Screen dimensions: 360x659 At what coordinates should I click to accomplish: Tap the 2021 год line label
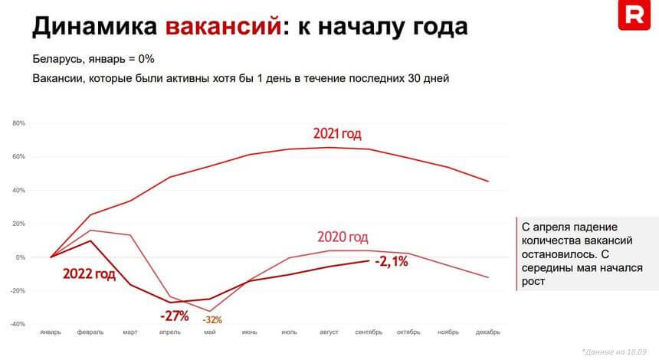click(336, 133)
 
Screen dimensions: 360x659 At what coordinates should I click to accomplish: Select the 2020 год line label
click(343, 237)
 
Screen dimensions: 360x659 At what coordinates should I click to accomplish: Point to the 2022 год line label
click(89, 273)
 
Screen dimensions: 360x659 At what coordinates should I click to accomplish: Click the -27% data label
click(175, 315)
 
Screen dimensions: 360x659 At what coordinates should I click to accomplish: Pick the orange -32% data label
click(212, 319)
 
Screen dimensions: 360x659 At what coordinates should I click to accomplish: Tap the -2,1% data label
click(392, 262)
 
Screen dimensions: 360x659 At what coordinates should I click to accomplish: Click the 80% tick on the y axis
click(19, 123)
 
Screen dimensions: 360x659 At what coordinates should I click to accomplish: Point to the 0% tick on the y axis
click(21, 257)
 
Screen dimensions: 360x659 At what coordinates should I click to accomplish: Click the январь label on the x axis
click(51, 332)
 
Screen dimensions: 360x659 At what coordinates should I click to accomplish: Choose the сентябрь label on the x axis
click(369, 332)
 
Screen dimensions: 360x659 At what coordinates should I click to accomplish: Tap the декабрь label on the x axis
click(488, 332)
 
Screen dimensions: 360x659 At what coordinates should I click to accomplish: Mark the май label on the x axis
click(210, 332)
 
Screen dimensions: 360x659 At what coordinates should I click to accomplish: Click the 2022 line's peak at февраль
click(90, 241)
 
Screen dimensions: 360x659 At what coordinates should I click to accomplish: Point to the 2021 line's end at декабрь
click(488, 182)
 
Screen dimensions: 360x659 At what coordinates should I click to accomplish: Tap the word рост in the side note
click(534, 282)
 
